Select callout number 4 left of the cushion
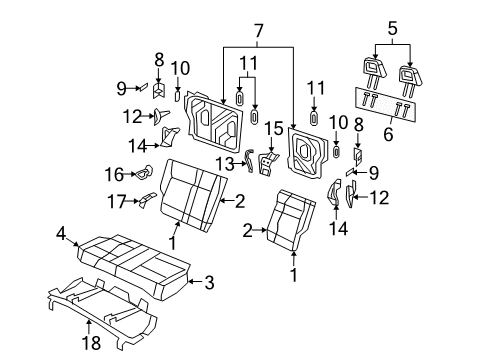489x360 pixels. point(61,235)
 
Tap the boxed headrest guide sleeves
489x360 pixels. point(388,103)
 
